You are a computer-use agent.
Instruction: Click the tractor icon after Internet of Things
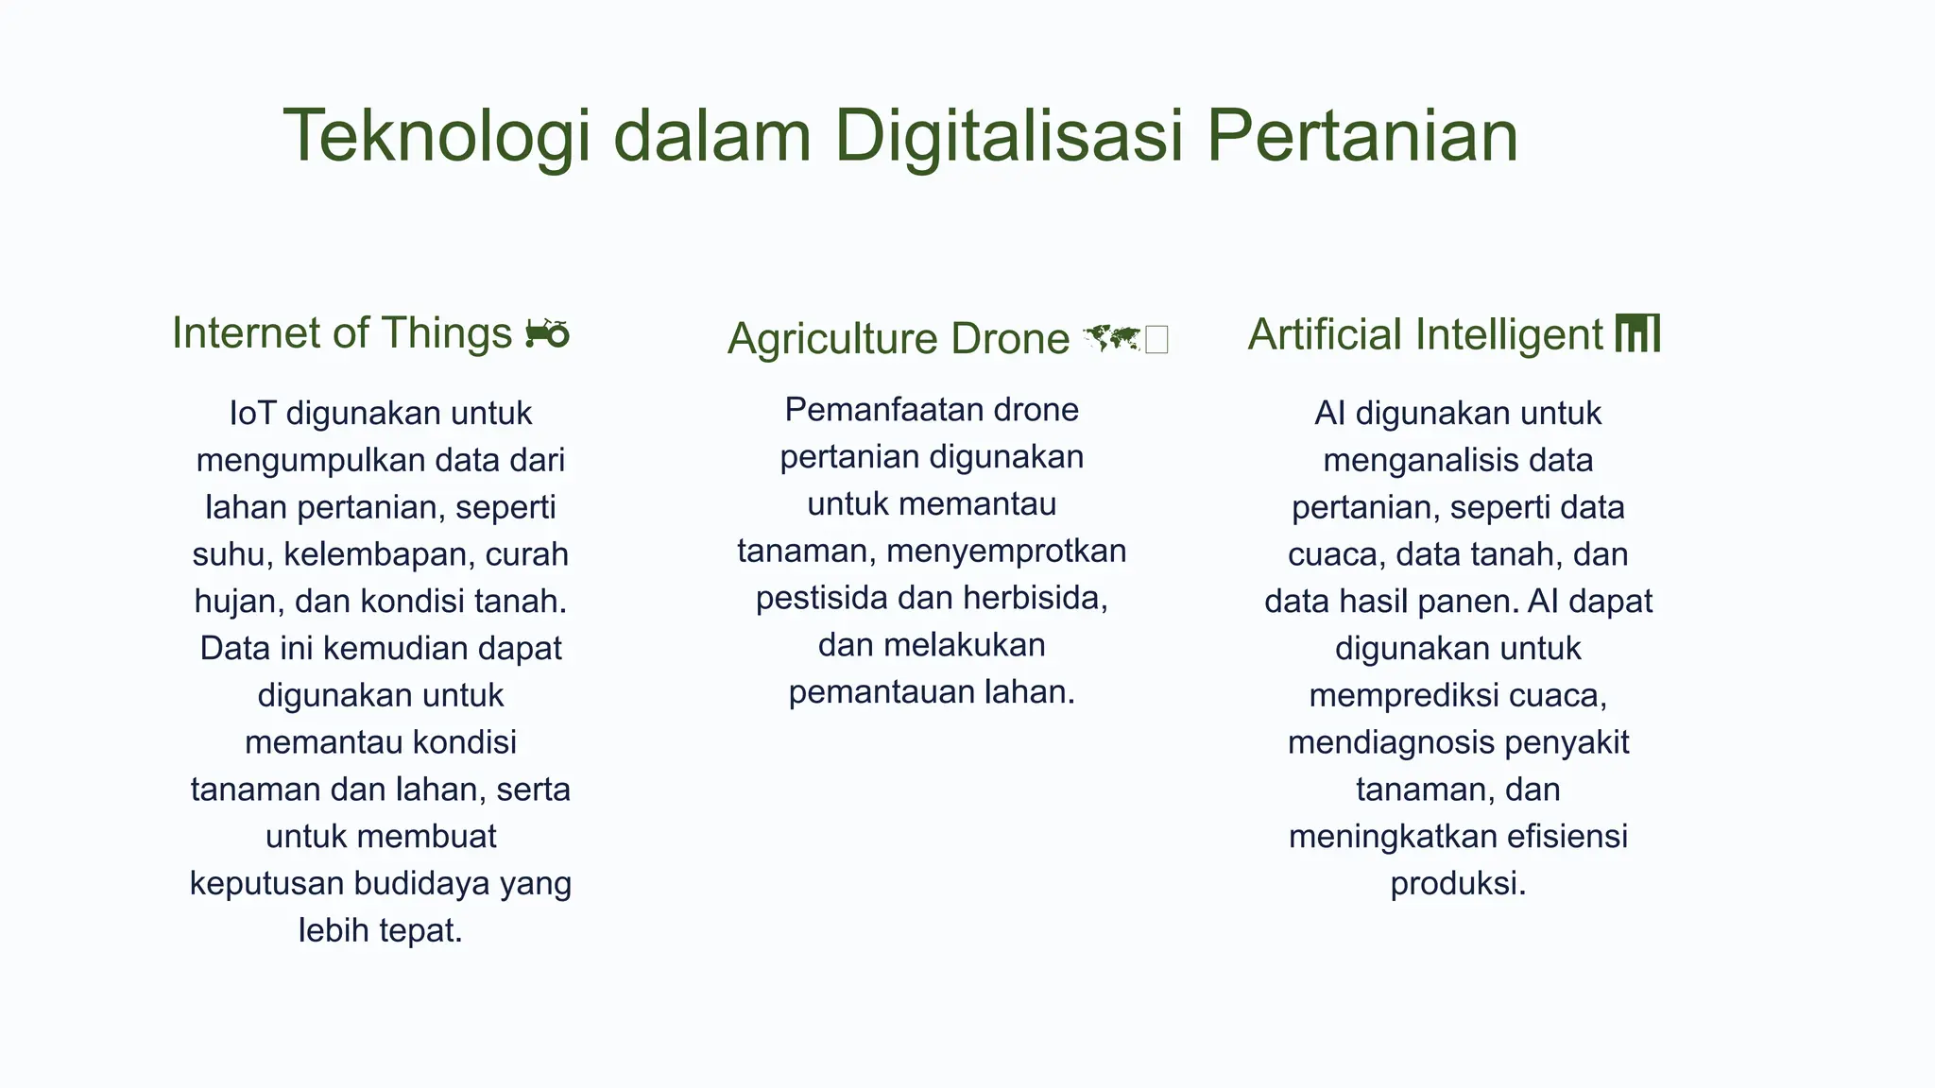(547, 333)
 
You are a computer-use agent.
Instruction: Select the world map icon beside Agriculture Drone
(1112, 338)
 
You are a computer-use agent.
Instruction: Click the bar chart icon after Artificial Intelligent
(1637, 333)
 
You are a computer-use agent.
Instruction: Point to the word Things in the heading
(446, 333)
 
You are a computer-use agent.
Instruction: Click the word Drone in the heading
(1009, 339)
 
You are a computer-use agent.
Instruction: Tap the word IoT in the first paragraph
(252, 414)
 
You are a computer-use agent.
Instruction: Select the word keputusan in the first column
(266, 884)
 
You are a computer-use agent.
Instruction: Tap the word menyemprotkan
(1006, 551)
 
